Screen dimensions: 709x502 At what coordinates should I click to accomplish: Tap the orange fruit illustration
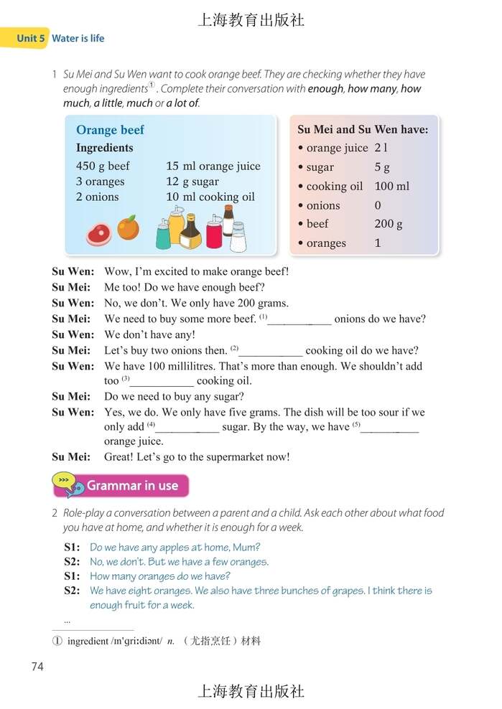pos(128,228)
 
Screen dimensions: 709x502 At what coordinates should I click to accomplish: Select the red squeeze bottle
pos(214,235)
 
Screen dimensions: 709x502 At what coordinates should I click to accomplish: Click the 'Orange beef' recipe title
pos(110,130)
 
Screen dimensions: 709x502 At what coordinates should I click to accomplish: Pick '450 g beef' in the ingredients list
pos(103,166)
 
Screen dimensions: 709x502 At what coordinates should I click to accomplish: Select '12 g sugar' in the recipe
pos(192,182)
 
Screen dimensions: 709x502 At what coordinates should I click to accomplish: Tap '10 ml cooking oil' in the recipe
pos(210,197)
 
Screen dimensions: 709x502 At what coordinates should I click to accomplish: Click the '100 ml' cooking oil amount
pos(392,186)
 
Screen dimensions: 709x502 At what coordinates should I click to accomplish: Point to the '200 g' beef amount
pos(389,224)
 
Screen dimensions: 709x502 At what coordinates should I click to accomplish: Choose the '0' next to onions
pos(378,205)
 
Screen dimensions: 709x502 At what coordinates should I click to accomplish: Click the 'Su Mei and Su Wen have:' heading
pos(363,130)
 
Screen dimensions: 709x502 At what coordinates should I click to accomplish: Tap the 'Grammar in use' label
pos(132,486)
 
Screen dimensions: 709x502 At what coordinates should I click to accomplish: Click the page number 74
pos(38,667)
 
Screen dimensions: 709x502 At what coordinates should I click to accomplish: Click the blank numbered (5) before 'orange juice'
pos(389,428)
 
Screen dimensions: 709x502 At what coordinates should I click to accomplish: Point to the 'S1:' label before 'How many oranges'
pos(72,576)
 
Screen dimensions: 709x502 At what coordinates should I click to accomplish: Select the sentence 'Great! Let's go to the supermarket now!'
pos(197,457)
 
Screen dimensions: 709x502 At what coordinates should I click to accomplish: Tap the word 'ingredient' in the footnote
pos(88,641)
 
